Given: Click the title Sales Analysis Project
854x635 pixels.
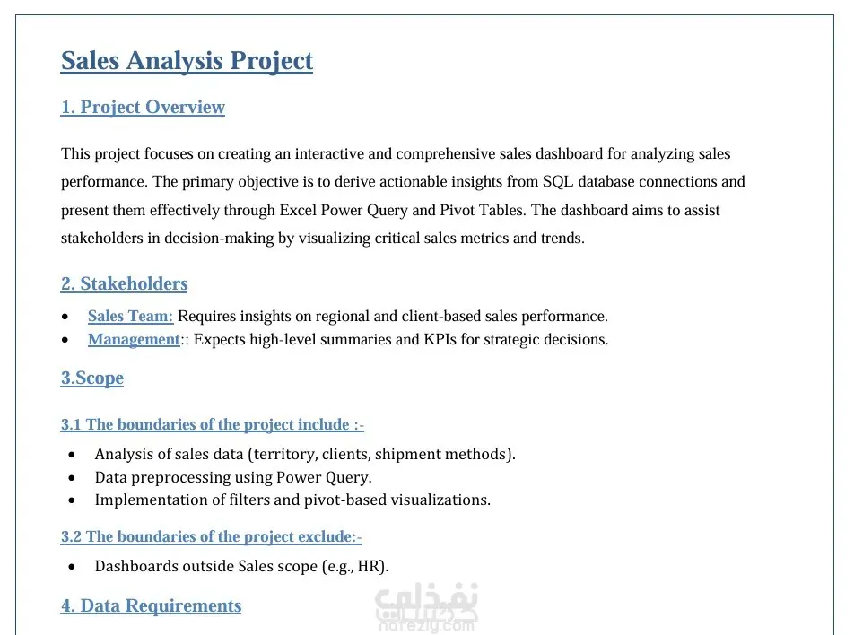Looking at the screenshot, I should [x=187, y=61].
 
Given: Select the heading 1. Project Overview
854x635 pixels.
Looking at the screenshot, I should [x=143, y=108].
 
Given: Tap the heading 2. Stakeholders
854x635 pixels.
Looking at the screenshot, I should [x=124, y=284].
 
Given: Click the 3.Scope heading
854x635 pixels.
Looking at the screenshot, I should [x=92, y=378].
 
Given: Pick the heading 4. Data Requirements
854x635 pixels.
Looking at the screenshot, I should [x=151, y=606].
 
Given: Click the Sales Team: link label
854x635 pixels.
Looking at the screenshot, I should [x=130, y=316].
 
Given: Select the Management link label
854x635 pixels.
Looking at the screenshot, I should [x=134, y=339].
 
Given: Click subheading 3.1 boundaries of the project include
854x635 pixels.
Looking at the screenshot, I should [x=212, y=425].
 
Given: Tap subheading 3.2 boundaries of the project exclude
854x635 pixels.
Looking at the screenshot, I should [x=211, y=537].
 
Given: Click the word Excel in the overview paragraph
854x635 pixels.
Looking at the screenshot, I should [x=300, y=211].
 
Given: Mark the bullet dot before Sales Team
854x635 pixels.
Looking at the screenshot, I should [x=65, y=317].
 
